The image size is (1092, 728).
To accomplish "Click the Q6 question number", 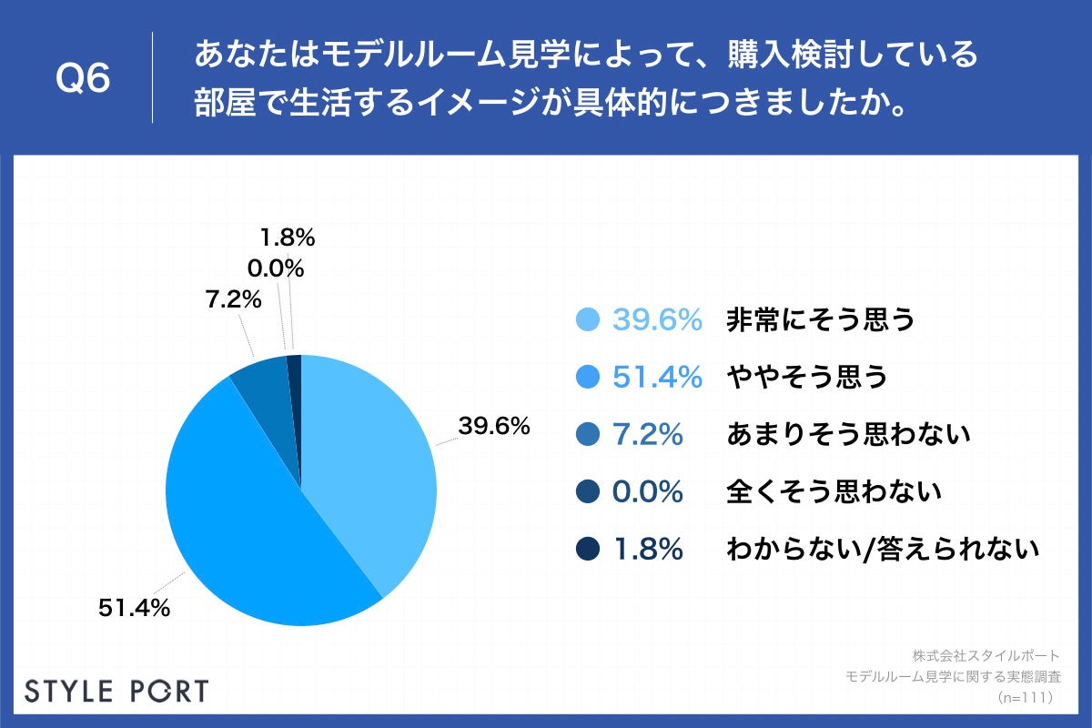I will [83, 79].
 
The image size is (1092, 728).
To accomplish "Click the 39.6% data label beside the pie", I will [494, 426].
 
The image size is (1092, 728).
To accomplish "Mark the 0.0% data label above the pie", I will [275, 268].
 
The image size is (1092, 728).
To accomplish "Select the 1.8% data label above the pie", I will [287, 238].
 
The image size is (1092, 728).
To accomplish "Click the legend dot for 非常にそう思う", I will [588, 320].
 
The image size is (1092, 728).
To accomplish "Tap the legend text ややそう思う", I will [806, 377].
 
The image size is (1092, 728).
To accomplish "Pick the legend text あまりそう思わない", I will [848, 435].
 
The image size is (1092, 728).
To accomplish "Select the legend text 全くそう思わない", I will [833, 492].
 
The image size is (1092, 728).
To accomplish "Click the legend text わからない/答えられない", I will [883, 550].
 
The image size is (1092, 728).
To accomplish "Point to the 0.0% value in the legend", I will [647, 492].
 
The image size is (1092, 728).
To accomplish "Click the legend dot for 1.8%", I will [588, 550].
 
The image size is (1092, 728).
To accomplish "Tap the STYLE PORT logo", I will [116, 691].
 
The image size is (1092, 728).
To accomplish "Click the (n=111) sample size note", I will [1025, 698].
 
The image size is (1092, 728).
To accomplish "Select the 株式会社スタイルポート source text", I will [986, 655].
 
